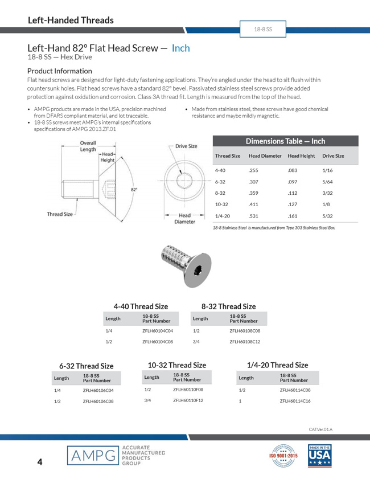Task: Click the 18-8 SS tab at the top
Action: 263,28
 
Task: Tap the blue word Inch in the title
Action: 180,48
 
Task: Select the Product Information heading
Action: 59,71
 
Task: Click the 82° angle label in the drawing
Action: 134,190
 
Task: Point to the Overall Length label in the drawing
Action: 88,146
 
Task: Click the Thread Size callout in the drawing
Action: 60,214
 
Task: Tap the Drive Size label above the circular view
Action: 186,146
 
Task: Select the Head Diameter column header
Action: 265,155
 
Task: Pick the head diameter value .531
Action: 254,216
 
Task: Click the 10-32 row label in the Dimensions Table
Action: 222,204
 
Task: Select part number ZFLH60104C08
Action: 158,342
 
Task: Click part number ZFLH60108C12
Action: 245,342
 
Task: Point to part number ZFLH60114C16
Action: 295,401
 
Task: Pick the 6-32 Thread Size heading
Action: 87,366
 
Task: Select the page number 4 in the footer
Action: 39,462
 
